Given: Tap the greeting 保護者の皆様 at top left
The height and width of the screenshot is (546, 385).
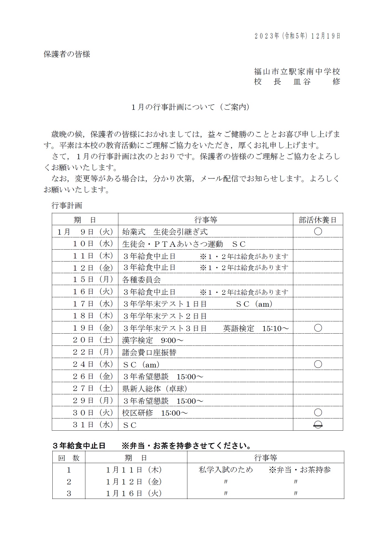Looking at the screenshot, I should [67, 54].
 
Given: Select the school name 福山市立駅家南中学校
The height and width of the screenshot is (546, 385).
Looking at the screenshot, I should [297, 72].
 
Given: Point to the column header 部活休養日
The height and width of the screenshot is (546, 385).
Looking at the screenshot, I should [318, 220].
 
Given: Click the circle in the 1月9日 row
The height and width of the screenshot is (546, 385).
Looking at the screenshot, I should [318, 232].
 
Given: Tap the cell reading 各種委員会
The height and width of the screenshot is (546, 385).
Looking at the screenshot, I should [141, 280].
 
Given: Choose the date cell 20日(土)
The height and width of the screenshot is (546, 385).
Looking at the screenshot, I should [93, 340].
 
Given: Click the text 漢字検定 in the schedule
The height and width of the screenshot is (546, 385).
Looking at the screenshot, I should [137, 340].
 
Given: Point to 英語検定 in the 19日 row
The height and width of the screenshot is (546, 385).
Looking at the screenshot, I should [239, 328].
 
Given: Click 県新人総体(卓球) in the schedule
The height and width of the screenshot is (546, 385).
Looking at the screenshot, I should [155, 389].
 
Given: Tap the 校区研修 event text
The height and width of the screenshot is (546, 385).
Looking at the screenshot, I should [137, 413].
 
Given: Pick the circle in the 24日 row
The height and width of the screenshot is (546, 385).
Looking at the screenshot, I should [318, 364].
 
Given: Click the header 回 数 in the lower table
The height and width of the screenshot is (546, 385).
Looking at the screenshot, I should [69, 458].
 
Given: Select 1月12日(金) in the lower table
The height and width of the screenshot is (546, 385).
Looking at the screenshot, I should [134, 482].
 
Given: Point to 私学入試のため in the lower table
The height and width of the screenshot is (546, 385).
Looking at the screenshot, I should [226, 470].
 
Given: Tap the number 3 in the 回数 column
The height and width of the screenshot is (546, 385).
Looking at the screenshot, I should [69, 494].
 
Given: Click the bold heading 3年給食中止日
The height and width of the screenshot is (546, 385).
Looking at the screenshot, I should [79, 446].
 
